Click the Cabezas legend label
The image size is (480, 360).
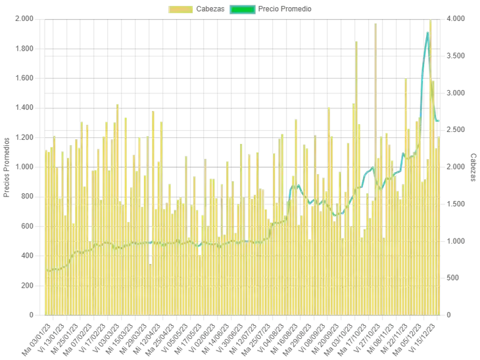[x=209, y=9]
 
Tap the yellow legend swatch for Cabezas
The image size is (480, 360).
[x=180, y=9]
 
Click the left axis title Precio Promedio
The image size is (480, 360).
[x=7, y=168]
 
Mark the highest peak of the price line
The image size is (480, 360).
[x=429, y=32]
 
